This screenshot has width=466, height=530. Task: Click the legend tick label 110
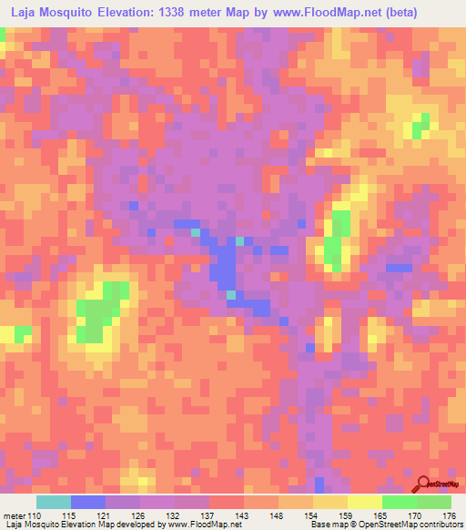pyautogui.click(x=35, y=516)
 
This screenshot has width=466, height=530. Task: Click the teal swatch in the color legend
pyautogui.click(x=54, y=502)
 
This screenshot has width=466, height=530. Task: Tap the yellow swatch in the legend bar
pyautogui.click(x=365, y=502)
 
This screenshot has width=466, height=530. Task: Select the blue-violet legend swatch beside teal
pyautogui.click(x=88, y=502)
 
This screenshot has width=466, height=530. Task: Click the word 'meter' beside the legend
pyautogui.click(x=14, y=516)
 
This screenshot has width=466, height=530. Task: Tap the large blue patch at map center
pyautogui.click(x=221, y=264)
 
